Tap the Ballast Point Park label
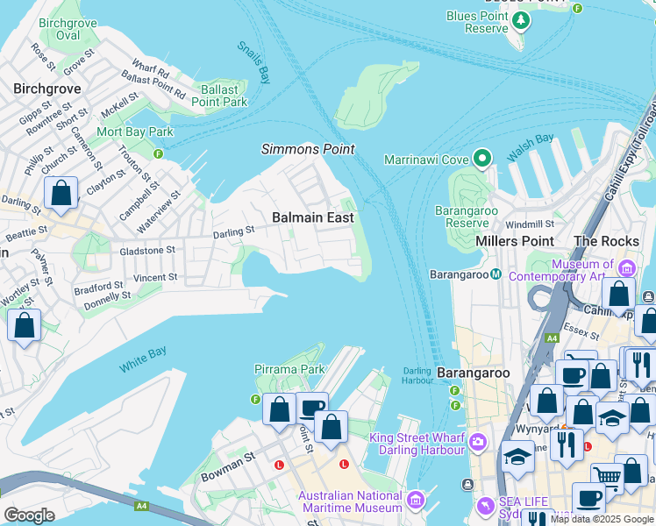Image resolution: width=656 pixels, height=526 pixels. pos(218,96)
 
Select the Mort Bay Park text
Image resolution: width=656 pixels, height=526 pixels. pos(135,132)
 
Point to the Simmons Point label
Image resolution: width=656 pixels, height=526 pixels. pos(308,149)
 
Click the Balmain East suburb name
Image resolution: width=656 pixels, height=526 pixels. pos(312,217)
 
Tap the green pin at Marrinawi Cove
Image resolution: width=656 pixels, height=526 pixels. pos(481,159)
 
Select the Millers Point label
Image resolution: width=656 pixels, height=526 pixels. pos(514,241)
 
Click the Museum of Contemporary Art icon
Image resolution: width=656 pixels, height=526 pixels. pos(626,267)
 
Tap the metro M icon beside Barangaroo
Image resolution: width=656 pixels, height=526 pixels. pos(496,274)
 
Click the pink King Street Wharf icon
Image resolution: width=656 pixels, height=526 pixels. pos(477,441)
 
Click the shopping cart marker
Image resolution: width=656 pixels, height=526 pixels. pos(607,477)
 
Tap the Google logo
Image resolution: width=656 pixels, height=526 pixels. pos(29,515)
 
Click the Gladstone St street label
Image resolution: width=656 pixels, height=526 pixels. pos(146,250)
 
